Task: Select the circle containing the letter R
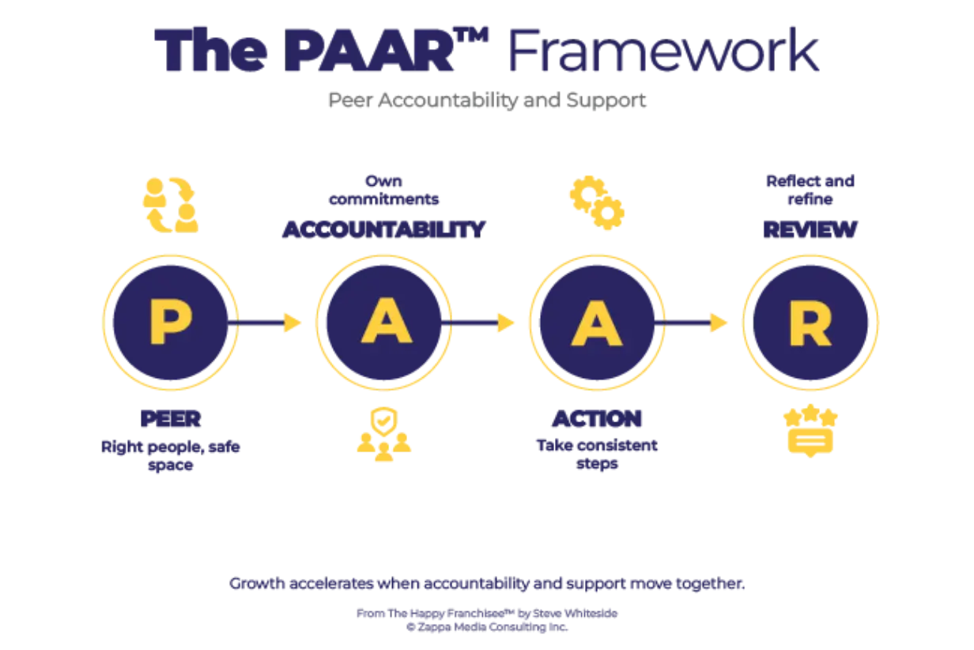coord(810,323)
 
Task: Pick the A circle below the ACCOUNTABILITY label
coord(384,323)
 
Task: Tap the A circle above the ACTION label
coord(596,323)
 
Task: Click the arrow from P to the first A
coord(271,323)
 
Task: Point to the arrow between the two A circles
coord(485,323)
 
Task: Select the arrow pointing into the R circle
coord(697,323)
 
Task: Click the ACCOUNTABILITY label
coord(383,230)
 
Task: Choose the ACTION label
coord(597,419)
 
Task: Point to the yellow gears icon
coord(597,201)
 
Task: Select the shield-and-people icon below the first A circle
coord(383,432)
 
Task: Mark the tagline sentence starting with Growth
coord(486,585)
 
